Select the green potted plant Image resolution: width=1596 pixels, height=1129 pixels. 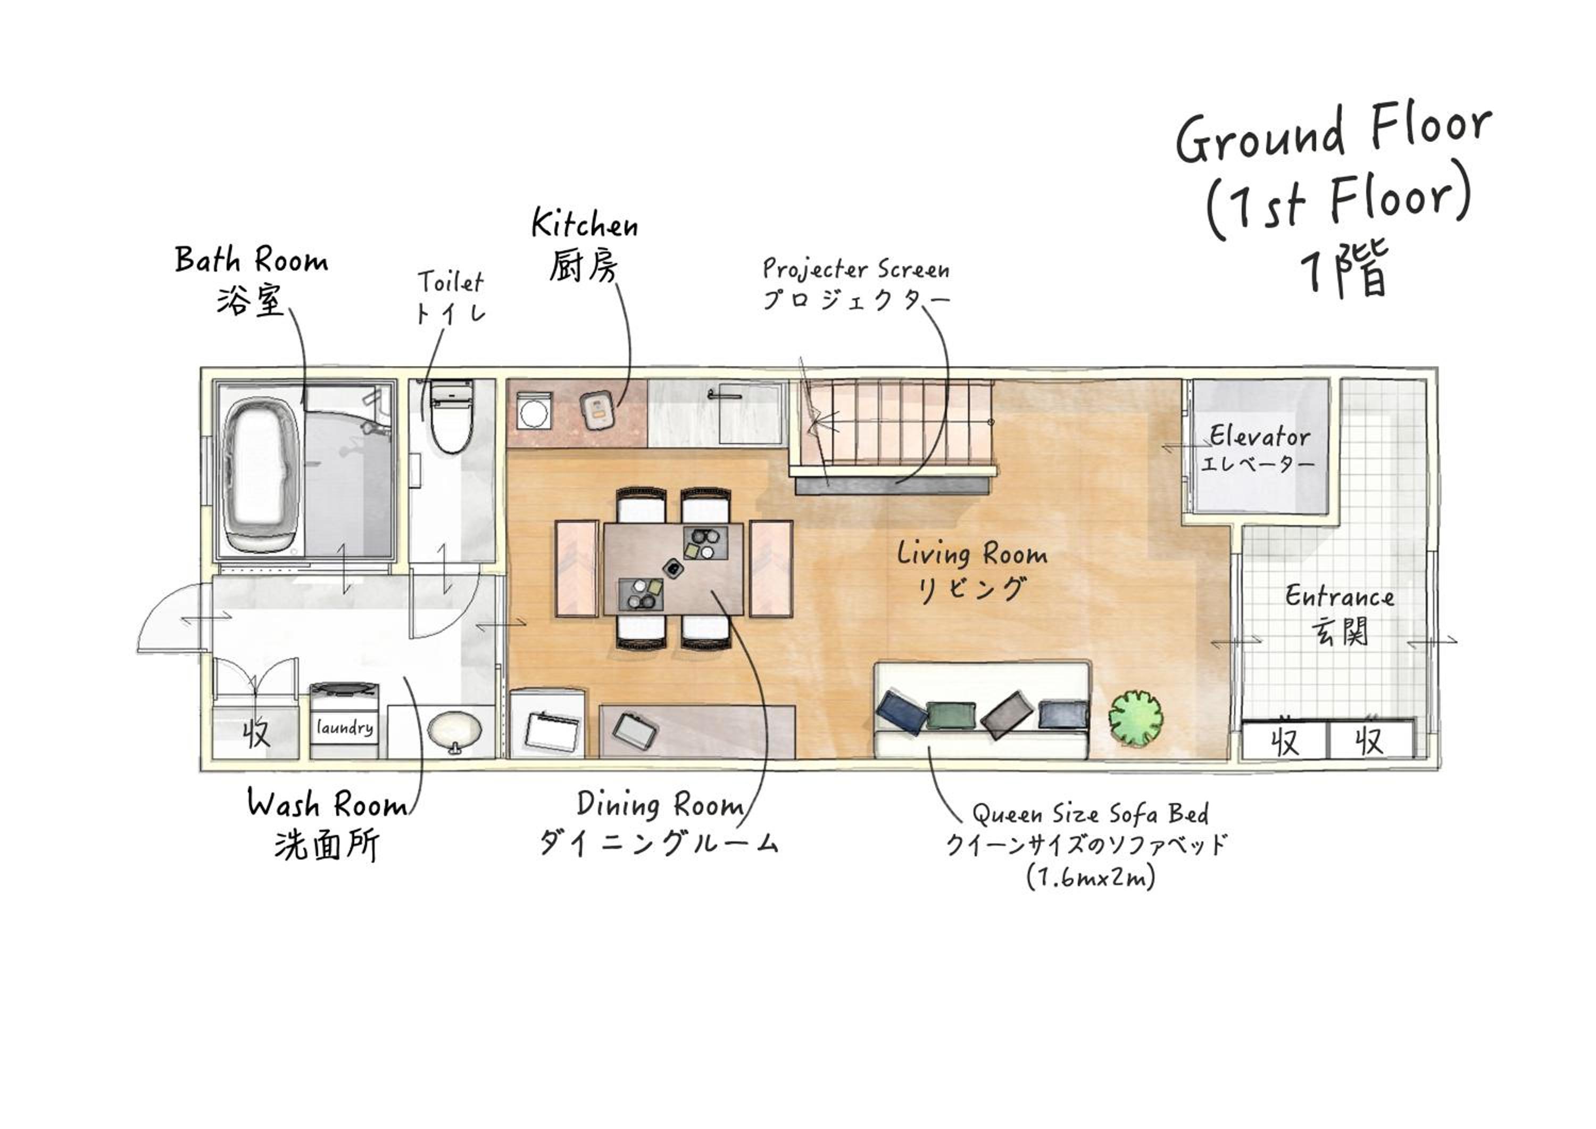click(x=1136, y=718)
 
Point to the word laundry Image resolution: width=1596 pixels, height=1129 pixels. click(x=345, y=727)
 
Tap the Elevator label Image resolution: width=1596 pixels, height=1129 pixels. click(x=1260, y=436)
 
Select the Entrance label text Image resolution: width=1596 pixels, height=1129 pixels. click(x=1340, y=596)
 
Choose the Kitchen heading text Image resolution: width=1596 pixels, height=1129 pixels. click(x=585, y=223)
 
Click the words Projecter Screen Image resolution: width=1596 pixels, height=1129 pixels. click(x=855, y=268)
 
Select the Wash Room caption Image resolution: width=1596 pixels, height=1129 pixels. click(x=327, y=804)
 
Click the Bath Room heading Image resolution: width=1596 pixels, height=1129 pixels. click(x=251, y=260)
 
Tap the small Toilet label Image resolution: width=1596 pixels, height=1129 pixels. click(x=451, y=282)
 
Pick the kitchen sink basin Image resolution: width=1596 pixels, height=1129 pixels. click(x=750, y=414)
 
